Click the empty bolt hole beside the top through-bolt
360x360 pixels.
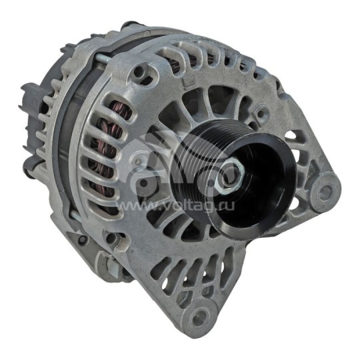click(142, 69)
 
